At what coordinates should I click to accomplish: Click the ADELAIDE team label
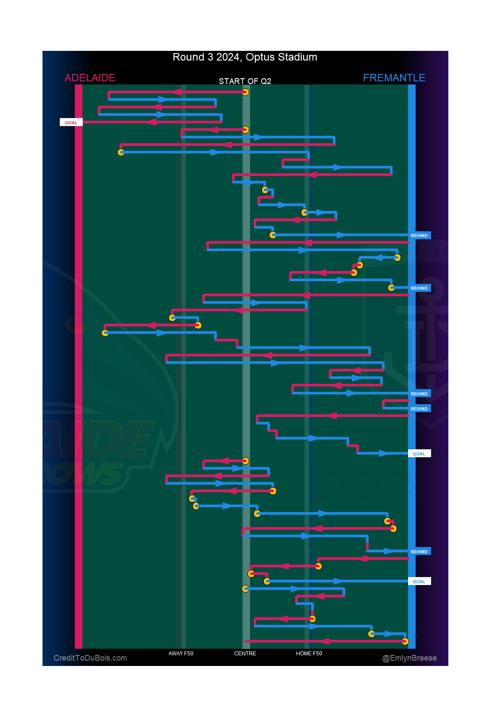click(90, 78)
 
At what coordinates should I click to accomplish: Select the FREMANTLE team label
click(394, 78)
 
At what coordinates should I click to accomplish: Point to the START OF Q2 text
click(245, 81)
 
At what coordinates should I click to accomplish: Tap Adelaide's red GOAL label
click(71, 122)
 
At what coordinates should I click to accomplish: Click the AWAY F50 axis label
click(181, 653)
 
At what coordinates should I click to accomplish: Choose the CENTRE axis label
click(245, 653)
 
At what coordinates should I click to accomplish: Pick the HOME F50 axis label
click(309, 653)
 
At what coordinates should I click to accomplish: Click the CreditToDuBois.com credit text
click(90, 658)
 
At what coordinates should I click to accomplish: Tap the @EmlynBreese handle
click(409, 658)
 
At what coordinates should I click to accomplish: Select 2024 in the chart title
click(227, 57)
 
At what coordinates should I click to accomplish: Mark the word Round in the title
click(188, 57)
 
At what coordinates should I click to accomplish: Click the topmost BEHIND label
click(419, 235)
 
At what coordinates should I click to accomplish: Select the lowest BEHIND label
click(419, 551)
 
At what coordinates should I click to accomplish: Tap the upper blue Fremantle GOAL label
click(419, 454)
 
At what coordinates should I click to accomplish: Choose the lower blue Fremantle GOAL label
click(419, 581)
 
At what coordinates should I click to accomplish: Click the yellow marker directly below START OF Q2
click(245, 92)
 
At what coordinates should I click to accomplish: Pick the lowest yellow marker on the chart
click(405, 641)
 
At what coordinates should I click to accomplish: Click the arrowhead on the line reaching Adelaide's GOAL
click(152, 122)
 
